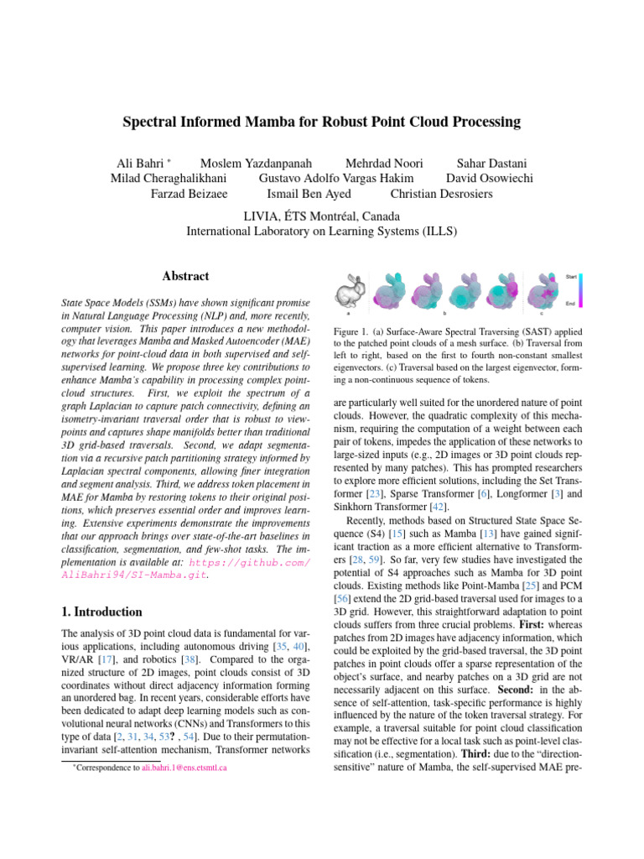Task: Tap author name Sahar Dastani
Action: (x=491, y=162)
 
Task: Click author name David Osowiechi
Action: (x=490, y=178)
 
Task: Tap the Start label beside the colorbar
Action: (x=570, y=276)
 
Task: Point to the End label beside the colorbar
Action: (x=570, y=304)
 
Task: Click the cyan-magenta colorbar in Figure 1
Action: (x=581, y=289)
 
